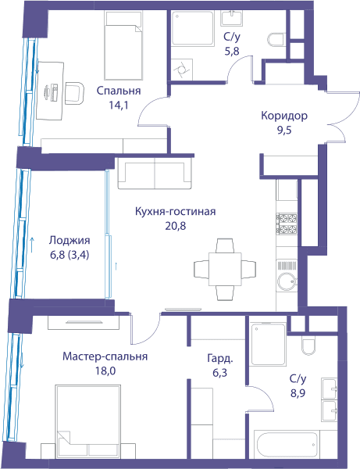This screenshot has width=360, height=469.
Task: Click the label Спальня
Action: (119, 91)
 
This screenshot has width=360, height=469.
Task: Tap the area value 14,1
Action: (119, 106)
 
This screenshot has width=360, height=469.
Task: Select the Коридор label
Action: (284, 116)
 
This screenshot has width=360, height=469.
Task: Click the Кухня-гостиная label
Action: (176, 212)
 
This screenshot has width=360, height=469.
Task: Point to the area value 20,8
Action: (176, 226)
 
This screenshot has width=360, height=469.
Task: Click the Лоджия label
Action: (70, 241)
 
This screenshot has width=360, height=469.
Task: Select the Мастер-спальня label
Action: (105, 356)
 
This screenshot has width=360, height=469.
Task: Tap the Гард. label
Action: (220, 358)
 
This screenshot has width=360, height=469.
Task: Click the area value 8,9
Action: (298, 393)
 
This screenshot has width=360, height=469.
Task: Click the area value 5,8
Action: (232, 51)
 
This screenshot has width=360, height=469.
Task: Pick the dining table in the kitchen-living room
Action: (225, 269)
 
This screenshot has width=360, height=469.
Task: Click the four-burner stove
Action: (287, 224)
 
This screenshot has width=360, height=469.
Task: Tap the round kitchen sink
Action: (287, 281)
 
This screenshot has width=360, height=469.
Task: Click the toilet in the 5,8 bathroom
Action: (276, 40)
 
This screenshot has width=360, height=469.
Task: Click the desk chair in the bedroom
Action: (74, 93)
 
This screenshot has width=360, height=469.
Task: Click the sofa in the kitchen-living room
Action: (155, 174)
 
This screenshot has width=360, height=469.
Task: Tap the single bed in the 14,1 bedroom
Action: (123, 46)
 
